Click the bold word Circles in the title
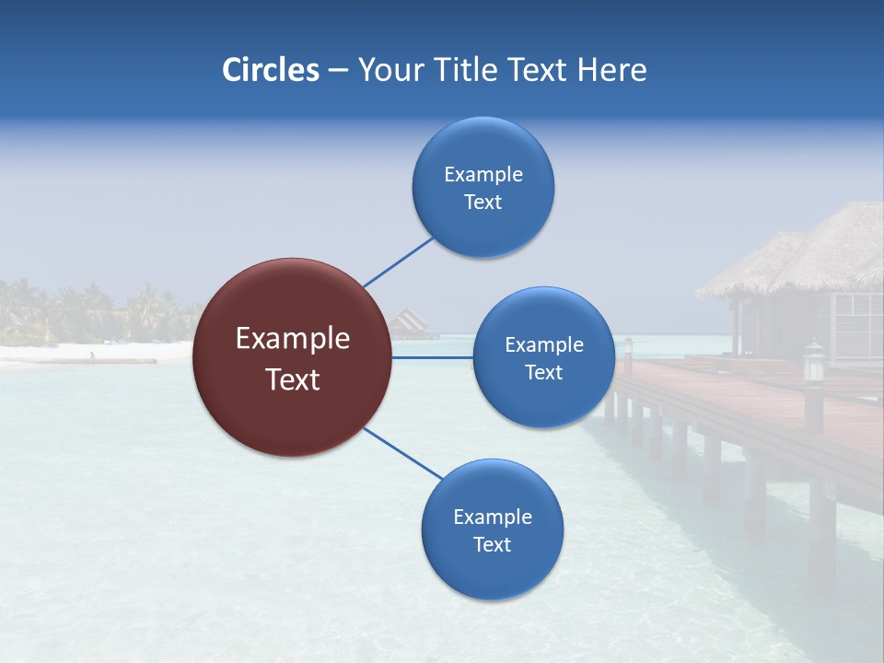270,70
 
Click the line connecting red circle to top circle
398,262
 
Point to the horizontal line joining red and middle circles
433,357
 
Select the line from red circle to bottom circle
403,453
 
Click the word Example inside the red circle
293,339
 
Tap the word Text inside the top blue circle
483,203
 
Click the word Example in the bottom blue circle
492,517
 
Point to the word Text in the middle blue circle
543,372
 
